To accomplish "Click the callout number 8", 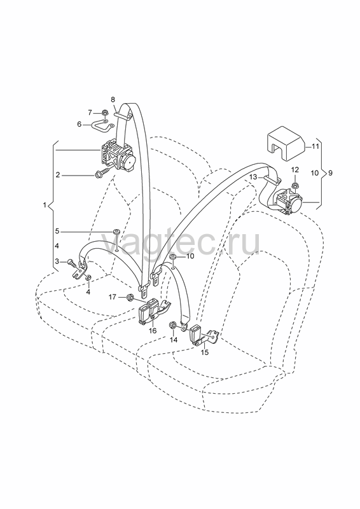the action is [x=113, y=99].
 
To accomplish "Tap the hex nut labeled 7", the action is [x=105, y=113].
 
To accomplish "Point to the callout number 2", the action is [x=57, y=176].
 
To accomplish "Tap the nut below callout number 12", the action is [x=295, y=186].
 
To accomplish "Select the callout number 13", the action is [x=253, y=177].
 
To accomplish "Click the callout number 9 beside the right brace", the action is [x=330, y=173].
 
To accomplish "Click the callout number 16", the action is [x=153, y=330].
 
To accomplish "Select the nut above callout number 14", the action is [x=173, y=325].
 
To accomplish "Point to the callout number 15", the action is [x=205, y=352].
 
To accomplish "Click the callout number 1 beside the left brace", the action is [x=44, y=205].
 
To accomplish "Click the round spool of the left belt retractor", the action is [x=128, y=161].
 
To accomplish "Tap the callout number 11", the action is [x=315, y=146].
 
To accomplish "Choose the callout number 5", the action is [x=57, y=232].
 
